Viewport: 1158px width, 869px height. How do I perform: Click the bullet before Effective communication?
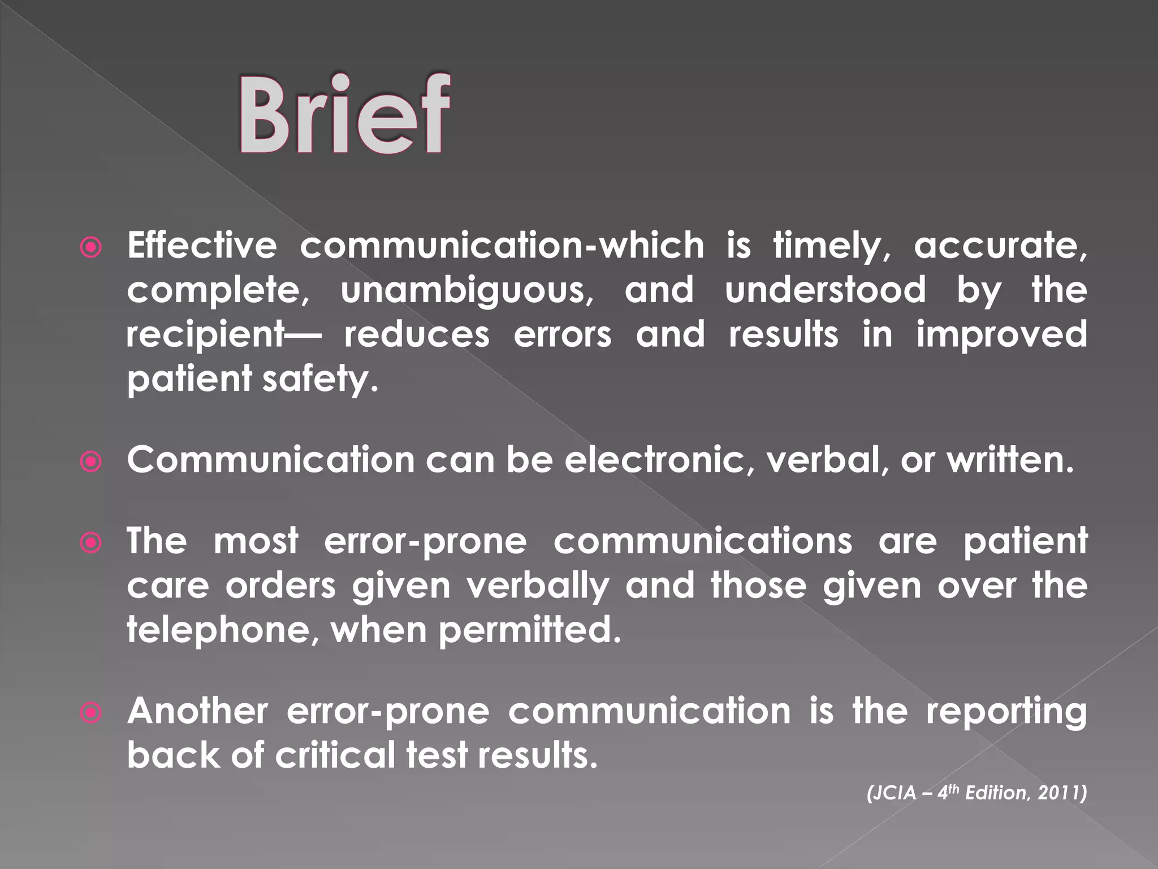pos(91,247)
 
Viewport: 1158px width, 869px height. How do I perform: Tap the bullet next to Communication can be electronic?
pos(91,461)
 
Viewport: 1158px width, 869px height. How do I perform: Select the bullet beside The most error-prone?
pos(91,543)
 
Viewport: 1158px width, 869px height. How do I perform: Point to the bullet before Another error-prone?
pos(91,712)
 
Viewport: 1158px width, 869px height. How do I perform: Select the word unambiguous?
pos(467,291)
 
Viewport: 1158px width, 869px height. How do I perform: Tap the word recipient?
pos(205,335)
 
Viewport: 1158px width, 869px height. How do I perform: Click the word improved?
pos(1001,335)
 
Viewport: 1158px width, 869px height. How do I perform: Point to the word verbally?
pos(538,586)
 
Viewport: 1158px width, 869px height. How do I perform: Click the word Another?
pos(197,711)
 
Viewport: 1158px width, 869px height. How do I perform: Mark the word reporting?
pos(1006,712)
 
